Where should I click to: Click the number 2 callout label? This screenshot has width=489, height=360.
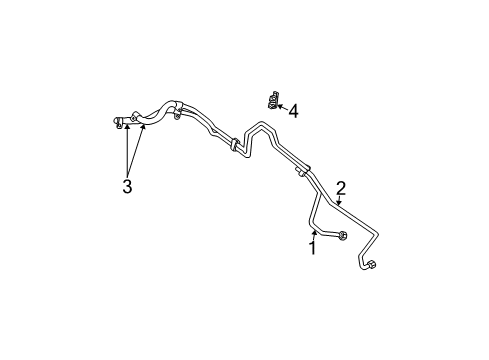point(341,188)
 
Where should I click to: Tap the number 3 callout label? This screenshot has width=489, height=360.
point(127,186)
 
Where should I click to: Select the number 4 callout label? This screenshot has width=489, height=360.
point(293,111)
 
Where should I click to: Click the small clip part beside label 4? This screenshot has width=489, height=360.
point(271,100)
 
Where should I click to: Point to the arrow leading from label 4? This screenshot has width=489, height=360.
point(281,106)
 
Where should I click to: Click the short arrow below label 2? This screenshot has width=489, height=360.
point(339,202)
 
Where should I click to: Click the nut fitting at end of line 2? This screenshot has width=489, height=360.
point(369,265)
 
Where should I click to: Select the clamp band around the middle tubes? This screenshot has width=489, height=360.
point(235,146)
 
